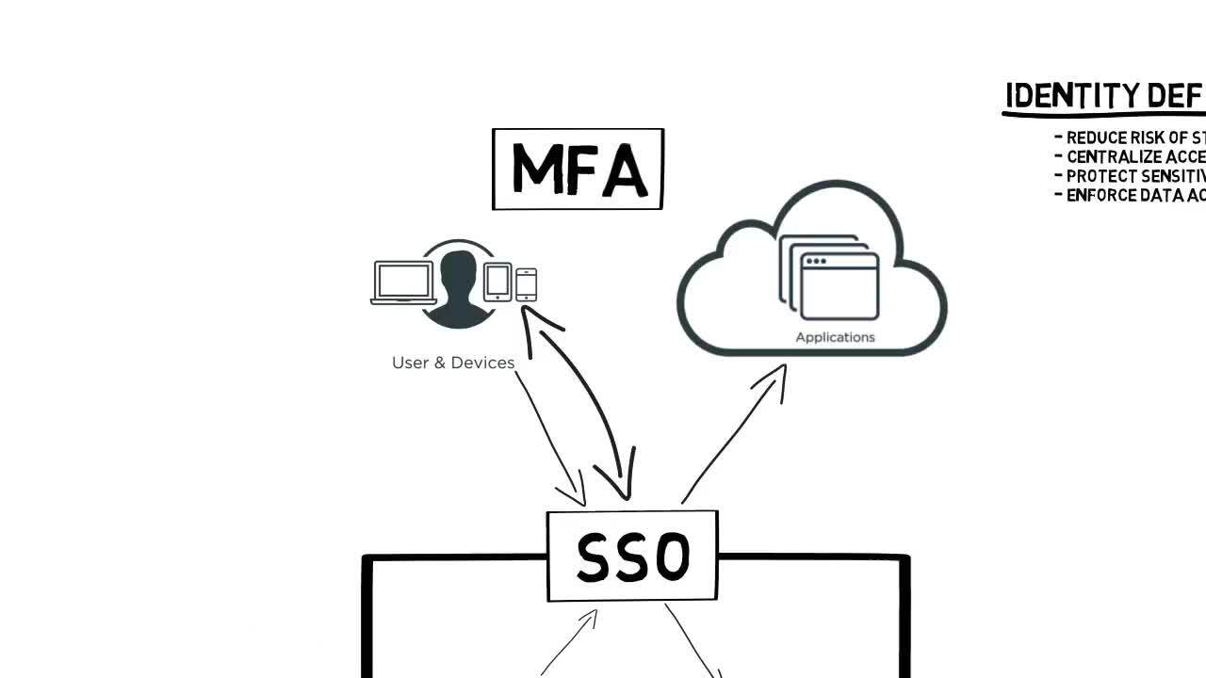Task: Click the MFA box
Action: click(x=578, y=169)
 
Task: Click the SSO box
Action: click(x=632, y=556)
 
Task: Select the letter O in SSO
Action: click(x=673, y=557)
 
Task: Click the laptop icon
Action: click(x=403, y=282)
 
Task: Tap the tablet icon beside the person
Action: click(x=497, y=282)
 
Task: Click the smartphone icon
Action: click(x=527, y=284)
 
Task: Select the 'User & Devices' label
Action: click(x=453, y=363)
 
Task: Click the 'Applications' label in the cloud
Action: click(x=835, y=337)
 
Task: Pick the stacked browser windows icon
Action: click(x=829, y=278)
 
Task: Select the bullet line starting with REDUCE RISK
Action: click(x=1131, y=137)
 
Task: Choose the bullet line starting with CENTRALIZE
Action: click(x=1131, y=157)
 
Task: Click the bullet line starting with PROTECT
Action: click(x=1131, y=176)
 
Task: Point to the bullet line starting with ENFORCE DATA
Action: click(x=1131, y=196)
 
